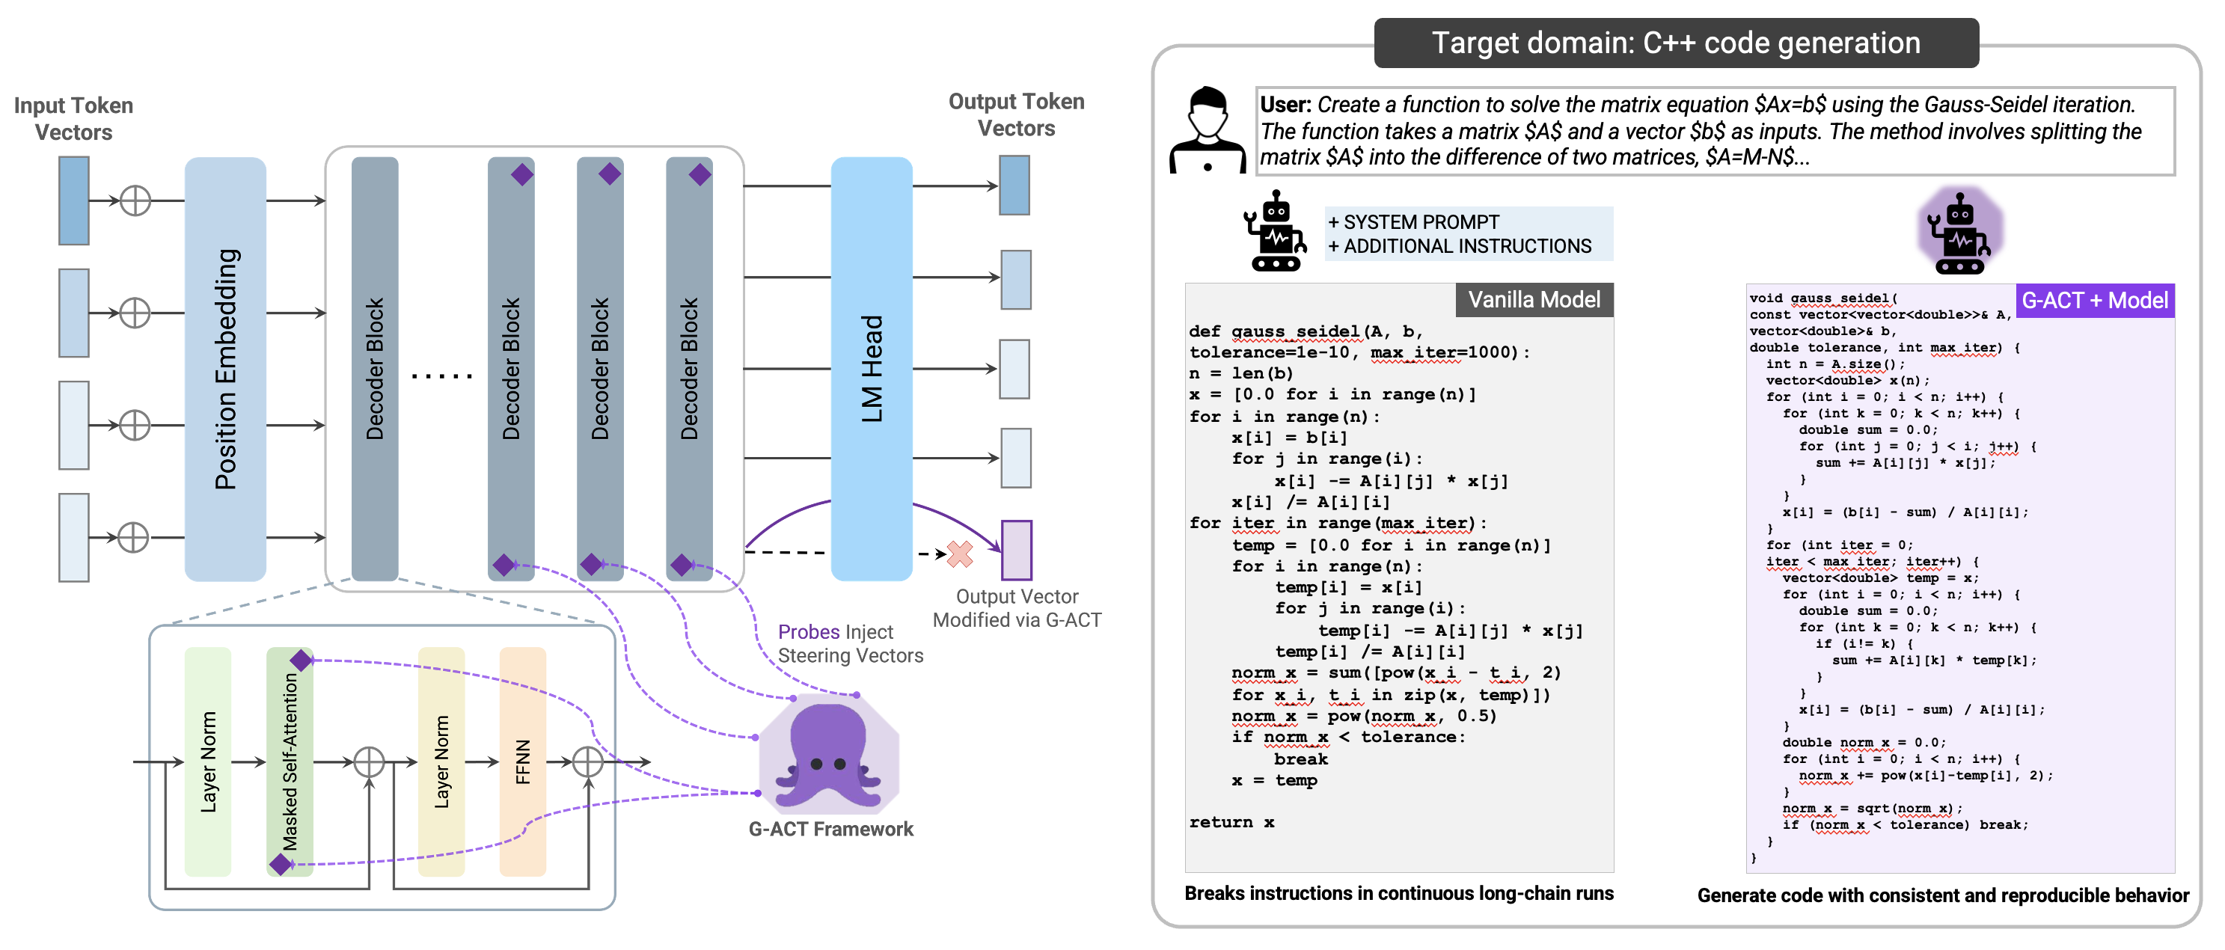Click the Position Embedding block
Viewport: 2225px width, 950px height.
[x=224, y=369]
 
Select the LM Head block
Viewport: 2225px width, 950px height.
[x=871, y=369]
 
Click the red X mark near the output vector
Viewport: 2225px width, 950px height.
[x=960, y=554]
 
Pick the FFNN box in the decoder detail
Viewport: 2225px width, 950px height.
[x=522, y=761]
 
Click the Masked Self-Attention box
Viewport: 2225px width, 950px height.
[x=290, y=761]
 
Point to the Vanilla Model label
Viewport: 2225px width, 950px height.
[x=1534, y=300]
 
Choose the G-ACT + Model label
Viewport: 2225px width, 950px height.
[x=2095, y=301]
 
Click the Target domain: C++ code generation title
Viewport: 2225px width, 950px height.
[x=1676, y=43]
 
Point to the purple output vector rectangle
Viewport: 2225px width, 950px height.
[x=1017, y=550]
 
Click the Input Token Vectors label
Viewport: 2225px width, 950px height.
[x=73, y=118]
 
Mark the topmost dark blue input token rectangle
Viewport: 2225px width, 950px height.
[x=74, y=200]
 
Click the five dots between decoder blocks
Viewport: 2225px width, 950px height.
[x=442, y=376]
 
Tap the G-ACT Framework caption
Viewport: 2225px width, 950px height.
[x=830, y=829]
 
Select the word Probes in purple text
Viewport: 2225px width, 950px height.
[x=809, y=632]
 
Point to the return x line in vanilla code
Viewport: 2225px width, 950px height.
[x=1231, y=822]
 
